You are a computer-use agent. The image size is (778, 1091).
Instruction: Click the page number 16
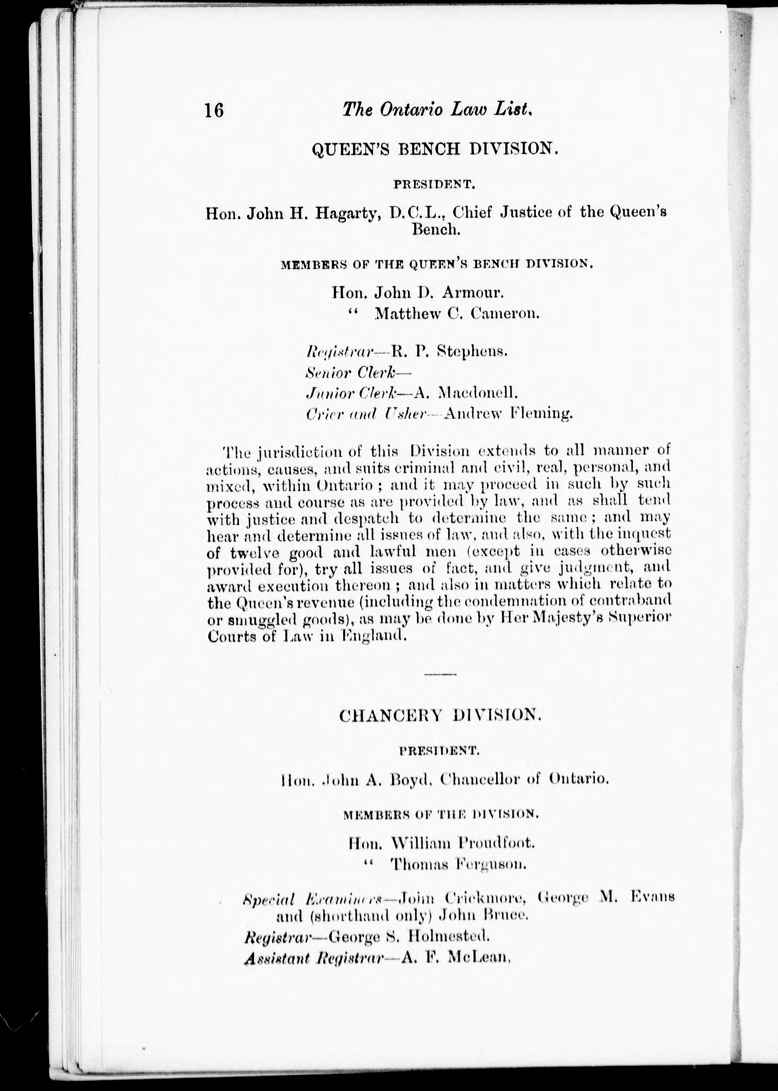tap(214, 111)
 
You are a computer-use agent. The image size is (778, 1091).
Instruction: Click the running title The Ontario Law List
tap(437, 110)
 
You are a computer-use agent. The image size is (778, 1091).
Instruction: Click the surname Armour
tap(472, 291)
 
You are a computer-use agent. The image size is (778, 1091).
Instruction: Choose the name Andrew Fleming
tap(508, 414)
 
